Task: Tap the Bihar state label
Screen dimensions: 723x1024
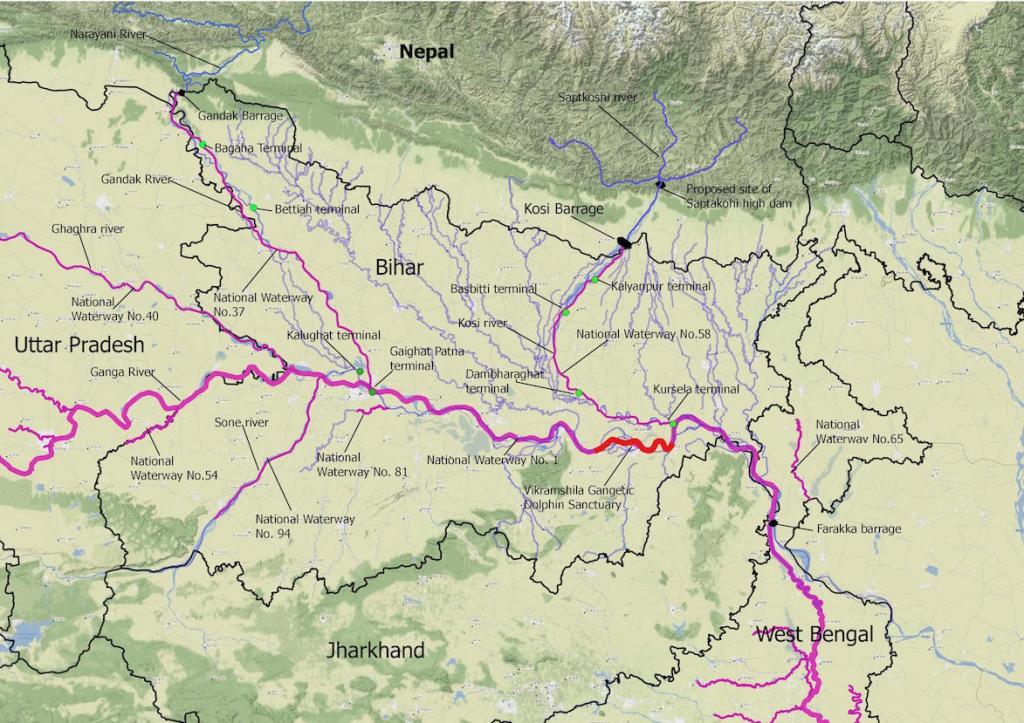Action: click(x=401, y=267)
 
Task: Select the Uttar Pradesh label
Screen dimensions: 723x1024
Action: click(x=79, y=345)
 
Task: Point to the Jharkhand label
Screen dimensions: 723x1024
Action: click(x=375, y=650)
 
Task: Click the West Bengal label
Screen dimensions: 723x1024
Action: click(x=814, y=634)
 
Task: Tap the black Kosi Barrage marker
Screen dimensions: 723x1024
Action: click(x=623, y=241)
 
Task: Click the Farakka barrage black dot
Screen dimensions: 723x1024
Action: click(x=774, y=523)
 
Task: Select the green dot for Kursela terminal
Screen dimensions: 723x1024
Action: click(x=673, y=425)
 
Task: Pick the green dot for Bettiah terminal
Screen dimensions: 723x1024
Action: click(x=254, y=207)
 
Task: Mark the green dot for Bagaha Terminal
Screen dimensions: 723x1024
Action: click(x=202, y=145)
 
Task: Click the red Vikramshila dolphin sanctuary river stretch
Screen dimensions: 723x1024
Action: click(x=633, y=445)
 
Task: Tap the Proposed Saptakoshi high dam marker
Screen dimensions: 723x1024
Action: click(x=660, y=183)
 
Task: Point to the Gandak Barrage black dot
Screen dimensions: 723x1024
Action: click(x=182, y=94)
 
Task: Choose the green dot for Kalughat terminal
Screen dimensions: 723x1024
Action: click(x=359, y=372)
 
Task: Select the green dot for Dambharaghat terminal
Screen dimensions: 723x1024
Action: click(x=578, y=392)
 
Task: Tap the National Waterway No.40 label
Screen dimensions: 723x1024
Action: click(x=115, y=309)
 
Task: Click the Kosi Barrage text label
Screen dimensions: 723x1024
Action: click(x=564, y=210)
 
